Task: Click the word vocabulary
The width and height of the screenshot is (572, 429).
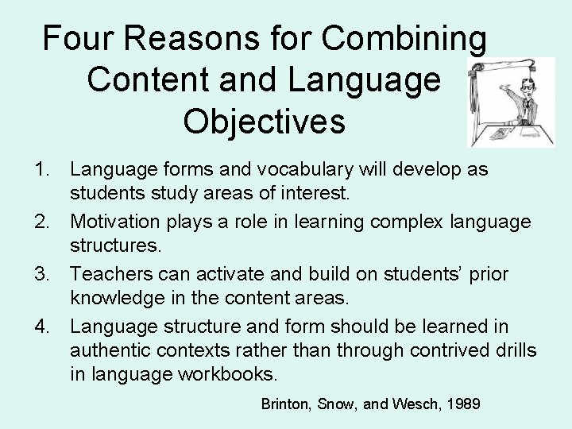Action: [x=302, y=170]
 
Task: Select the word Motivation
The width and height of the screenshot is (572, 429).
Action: [x=117, y=222]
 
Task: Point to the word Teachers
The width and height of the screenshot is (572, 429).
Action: [x=107, y=274]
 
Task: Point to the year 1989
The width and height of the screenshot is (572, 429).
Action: [x=463, y=404]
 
